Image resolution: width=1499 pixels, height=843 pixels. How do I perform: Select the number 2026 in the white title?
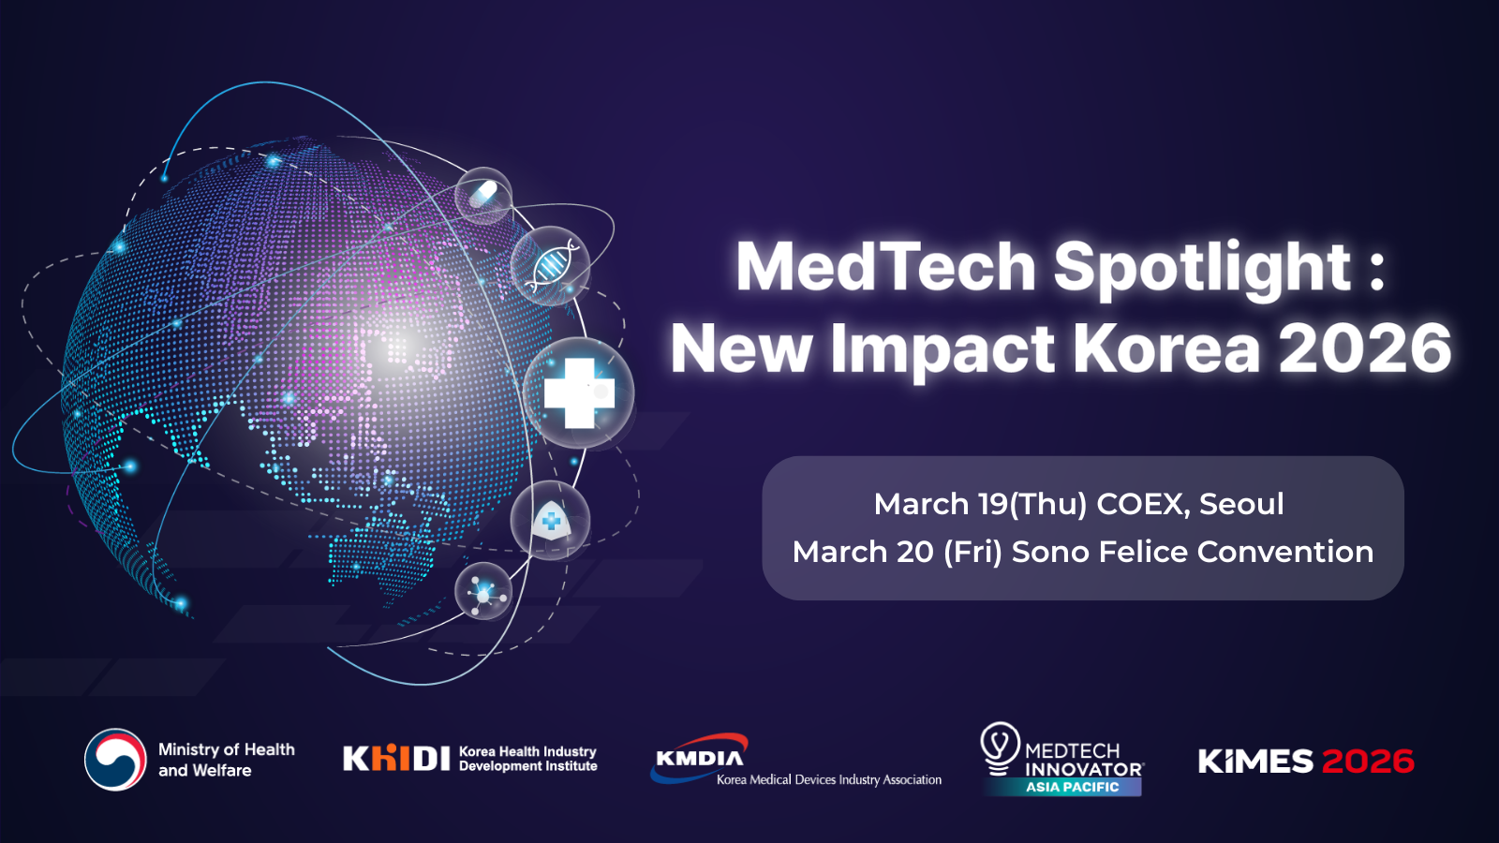click(x=1365, y=348)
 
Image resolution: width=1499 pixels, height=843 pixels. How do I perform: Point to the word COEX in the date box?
click(x=1143, y=504)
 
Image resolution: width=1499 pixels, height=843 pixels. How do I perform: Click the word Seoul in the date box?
click(x=1241, y=504)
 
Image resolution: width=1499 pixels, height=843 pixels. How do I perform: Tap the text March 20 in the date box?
click(x=863, y=552)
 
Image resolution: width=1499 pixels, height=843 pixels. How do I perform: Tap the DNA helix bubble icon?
click(x=550, y=266)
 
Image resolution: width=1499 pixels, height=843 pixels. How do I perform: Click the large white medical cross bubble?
click(x=579, y=392)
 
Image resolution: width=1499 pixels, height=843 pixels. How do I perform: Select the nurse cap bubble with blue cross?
click(x=550, y=521)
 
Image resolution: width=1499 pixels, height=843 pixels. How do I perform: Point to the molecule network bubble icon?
click(x=483, y=591)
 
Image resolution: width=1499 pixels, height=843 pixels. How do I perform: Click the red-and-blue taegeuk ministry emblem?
click(x=115, y=760)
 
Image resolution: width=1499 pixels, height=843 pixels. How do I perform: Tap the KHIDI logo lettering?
click(x=396, y=758)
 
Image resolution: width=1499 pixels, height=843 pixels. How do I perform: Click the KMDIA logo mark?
click(x=700, y=757)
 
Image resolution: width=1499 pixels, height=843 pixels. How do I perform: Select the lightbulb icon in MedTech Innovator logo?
click(x=1000, y=748)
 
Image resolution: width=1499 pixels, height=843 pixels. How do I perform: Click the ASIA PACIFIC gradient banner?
click(x=1072, y=787)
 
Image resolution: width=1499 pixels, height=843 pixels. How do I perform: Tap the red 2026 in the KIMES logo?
click(x=1368, y=761)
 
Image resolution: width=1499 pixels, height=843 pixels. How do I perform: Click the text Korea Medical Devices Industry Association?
click(x=829, y=779)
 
